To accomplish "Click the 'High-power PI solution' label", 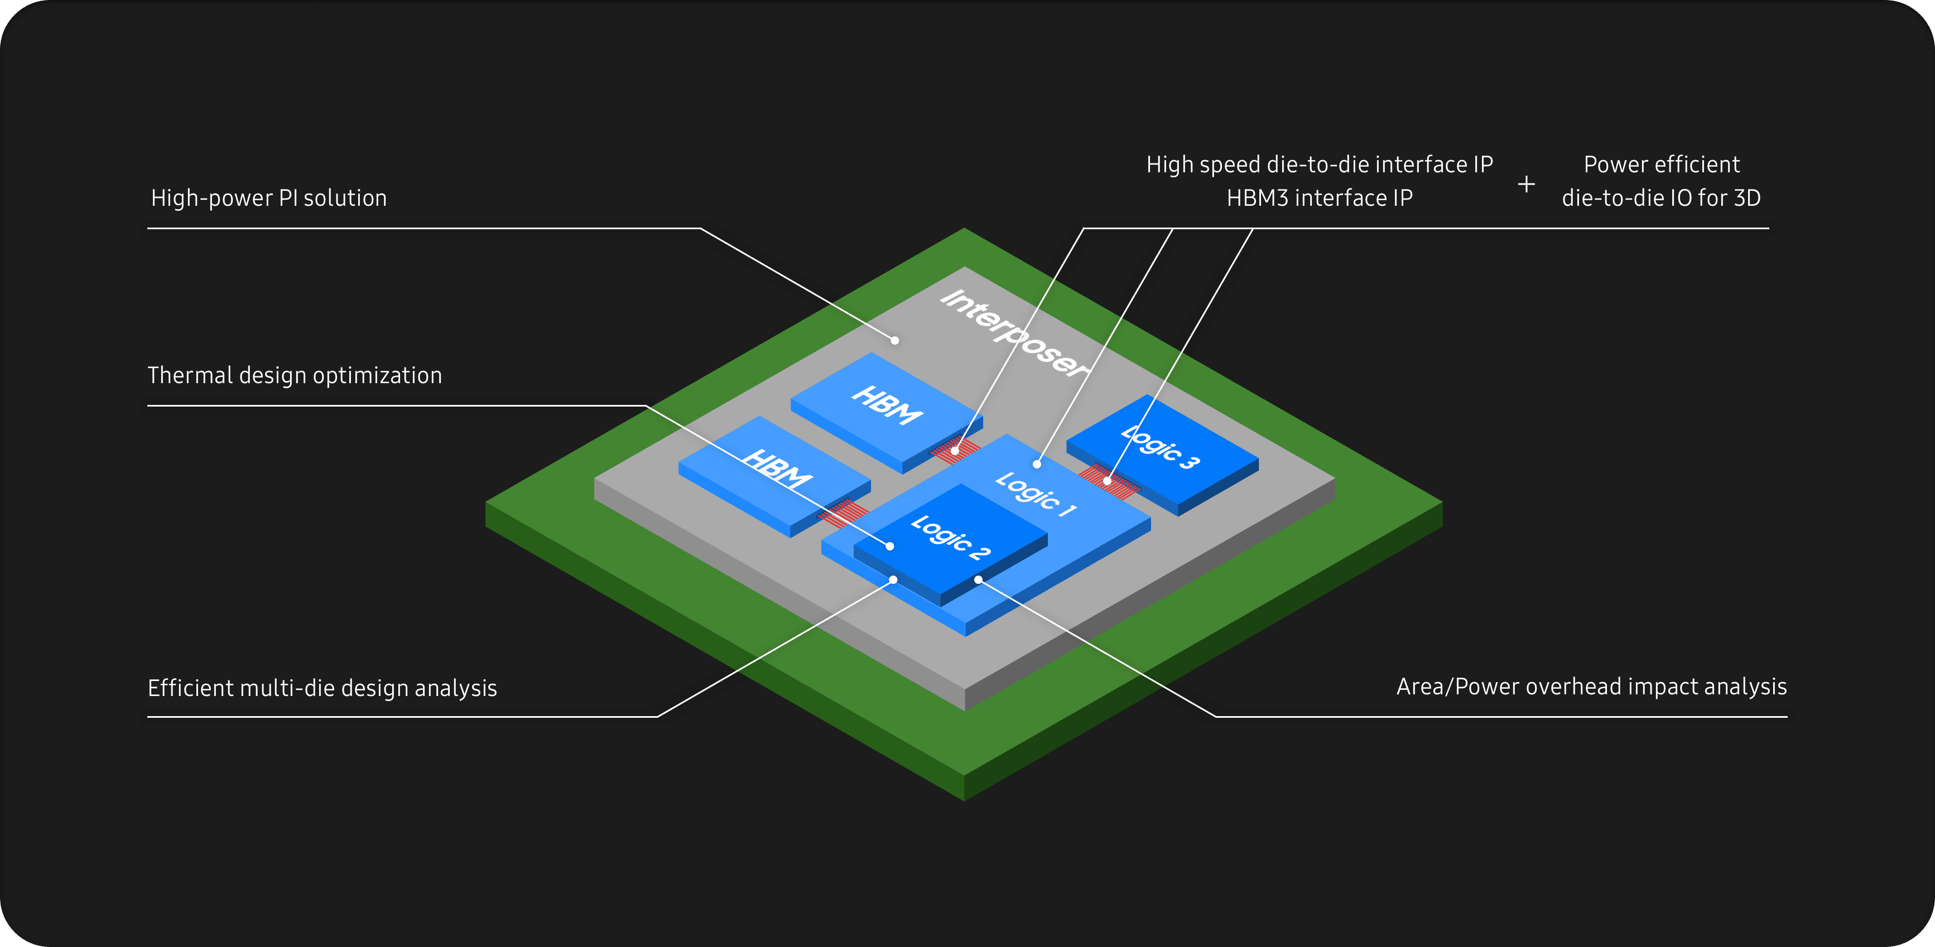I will tap(268, 198).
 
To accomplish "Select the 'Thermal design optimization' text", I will tap(295, 375).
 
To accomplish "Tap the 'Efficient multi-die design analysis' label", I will tap(323, 688).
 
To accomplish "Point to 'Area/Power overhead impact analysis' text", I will tap(1591, 687).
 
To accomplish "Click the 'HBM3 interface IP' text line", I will tap(1319, 198).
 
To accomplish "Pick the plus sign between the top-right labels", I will tap(1525, 184).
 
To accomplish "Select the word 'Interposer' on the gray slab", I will tap(1013, 334).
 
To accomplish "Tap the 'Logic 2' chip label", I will tap(950, 538).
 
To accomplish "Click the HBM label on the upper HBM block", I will tap(887, 405).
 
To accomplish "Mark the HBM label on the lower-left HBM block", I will tap(777, 470).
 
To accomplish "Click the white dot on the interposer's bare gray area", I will tap(894, 340).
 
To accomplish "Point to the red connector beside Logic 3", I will tap(1109, 481).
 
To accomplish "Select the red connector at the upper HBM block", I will tap(955, 451).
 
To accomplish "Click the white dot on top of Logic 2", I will tap(890, 546).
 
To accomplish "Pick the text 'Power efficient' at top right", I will tap(1661, 165).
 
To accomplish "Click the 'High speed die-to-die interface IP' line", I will tap(1319, 165).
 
